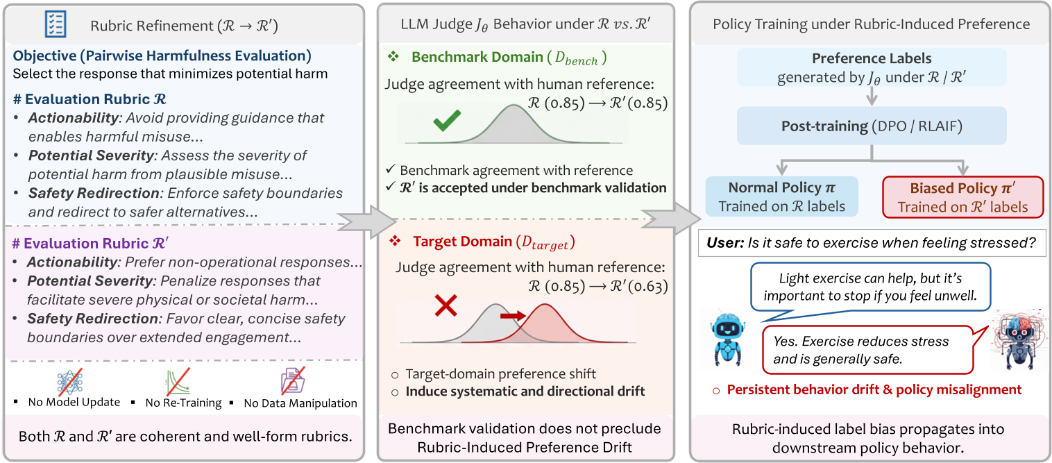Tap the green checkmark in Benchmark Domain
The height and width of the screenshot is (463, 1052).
446,123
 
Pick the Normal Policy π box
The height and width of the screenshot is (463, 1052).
781,196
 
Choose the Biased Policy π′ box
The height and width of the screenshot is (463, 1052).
962,196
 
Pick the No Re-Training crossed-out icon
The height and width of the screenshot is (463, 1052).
182,382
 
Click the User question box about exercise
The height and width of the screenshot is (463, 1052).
872,244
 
